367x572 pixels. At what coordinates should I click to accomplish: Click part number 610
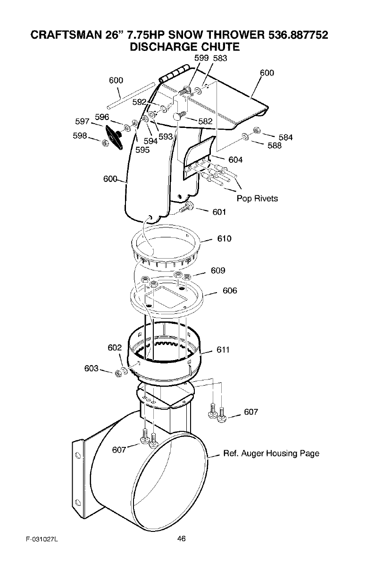tap(224, 238)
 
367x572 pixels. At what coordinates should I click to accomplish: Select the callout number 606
tap(229, 291)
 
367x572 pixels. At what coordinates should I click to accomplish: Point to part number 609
tap(218, 270)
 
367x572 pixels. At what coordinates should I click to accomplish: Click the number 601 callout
tap(219, 212)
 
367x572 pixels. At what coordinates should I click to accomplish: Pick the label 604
tap(235, 160)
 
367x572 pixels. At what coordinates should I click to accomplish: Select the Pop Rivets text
tap(257, 198)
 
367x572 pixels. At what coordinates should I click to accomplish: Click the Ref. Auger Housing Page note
tap(271, 454)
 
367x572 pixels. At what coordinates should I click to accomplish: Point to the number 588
tap(274, 146)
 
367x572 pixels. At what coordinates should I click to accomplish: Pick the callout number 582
tap(205, 121)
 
